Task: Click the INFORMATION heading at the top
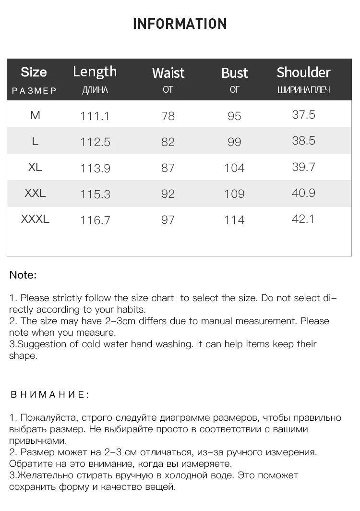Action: pyautogui.click(x=180, y=24)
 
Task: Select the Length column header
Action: pyautogui.click(x=95, y=72)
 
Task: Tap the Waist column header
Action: pyautogui.click(x=168, y=73)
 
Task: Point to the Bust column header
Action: pyautogui.click(x=234, y=73)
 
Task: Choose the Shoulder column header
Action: pyautogui.click(x=303, y=73)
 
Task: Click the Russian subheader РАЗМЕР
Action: pyautogui.click(x=34, y=90)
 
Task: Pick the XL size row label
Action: pyautogui.click(x=35, y=167)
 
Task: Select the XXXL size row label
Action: pyautogui.click(x=35, y=219)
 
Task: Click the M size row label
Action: pyautogui.click(x=35, y=115)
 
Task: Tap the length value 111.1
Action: pyautogui.click(x=95, y=116)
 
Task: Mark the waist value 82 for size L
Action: pyautogui.click(x=168, y=142)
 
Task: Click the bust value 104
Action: pyautogui.click(x=234, y=168)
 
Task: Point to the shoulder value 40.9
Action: pyautogui.click(x=303, y=193)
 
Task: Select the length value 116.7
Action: pyautogui.click(x=95, y=220)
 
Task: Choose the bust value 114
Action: pyautogui.click(x=234, y=220)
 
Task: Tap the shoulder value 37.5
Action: pyautogui.click(x=303, y=115)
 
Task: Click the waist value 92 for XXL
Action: pyautogui.click(x=168, y=194)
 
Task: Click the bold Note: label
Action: pyautogui.click(x=23, y=275)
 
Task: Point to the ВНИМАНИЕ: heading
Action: pyautogui.click(x=49, y=395)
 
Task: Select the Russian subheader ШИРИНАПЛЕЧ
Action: pyautogui.click(x=303, y=90)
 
